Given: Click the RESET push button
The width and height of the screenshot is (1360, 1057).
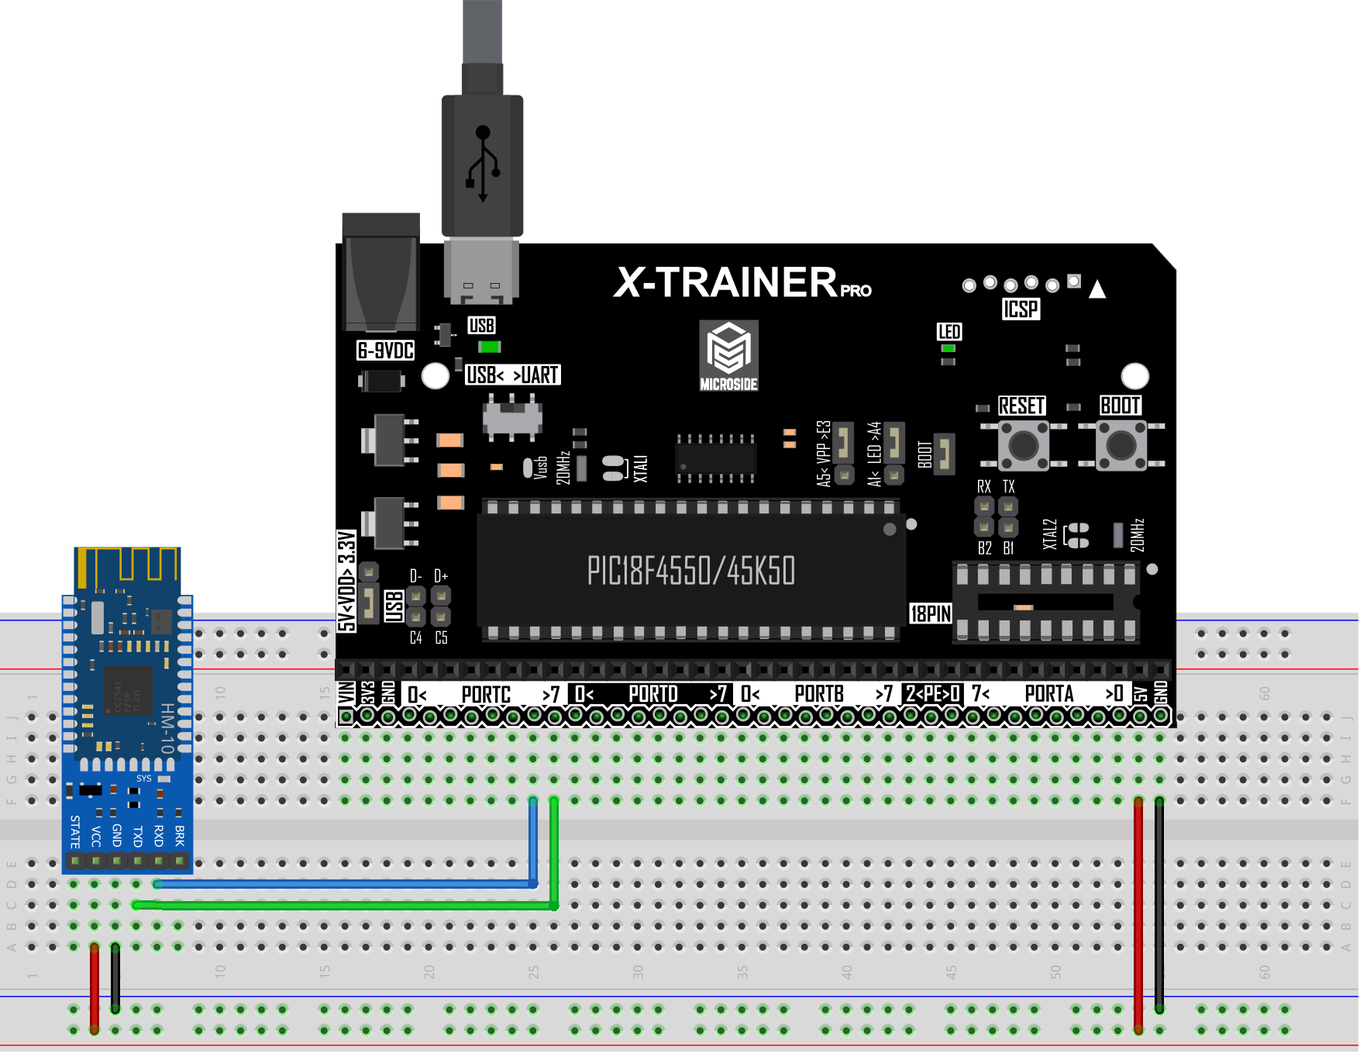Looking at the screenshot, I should [x=1023, y=445].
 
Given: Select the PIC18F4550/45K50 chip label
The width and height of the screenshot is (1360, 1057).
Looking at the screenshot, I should [x=690, y=572].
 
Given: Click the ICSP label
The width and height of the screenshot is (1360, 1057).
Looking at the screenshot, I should [x=1021, y=309].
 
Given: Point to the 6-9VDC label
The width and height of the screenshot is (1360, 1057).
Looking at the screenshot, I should [x=385, y=351].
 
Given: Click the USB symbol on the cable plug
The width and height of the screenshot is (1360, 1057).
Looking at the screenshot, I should [x=483, y=164].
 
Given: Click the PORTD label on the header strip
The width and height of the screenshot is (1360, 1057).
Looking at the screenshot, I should [x=652, y=694].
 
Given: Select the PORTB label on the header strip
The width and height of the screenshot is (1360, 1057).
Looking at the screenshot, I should [x=819, y=694].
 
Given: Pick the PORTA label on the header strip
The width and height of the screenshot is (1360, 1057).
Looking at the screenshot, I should [x=1048, y=694].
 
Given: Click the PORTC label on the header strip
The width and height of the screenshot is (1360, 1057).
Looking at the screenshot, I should [x=486, y=694].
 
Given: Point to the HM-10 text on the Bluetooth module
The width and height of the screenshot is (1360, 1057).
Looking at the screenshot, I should [x=167, y=729].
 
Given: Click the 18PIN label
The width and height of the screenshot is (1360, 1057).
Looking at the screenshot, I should [x=930, y=614].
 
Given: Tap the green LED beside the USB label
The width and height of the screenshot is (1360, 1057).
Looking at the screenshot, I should [x=490, y=347].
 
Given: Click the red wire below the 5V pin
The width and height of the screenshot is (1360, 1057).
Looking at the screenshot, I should [x=1138, y=915].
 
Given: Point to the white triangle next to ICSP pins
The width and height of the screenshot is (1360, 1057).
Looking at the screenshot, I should [x=1097, y=290].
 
